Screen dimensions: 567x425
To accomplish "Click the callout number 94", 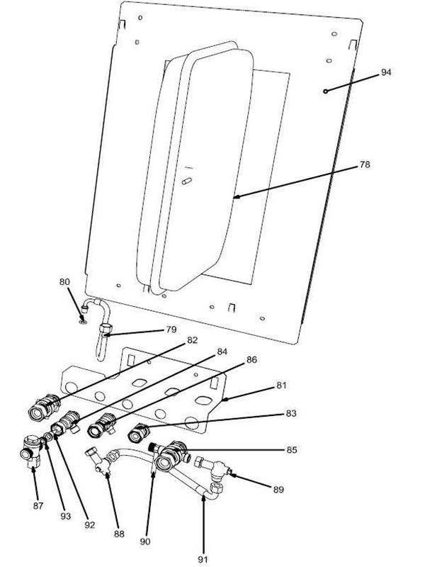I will (386, 72).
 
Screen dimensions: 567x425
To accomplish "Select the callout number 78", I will (365, 164).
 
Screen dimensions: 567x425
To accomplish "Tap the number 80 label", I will (64, 281).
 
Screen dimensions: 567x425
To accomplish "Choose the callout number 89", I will (278, 488).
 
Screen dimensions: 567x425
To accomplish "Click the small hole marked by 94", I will (324, 91).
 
